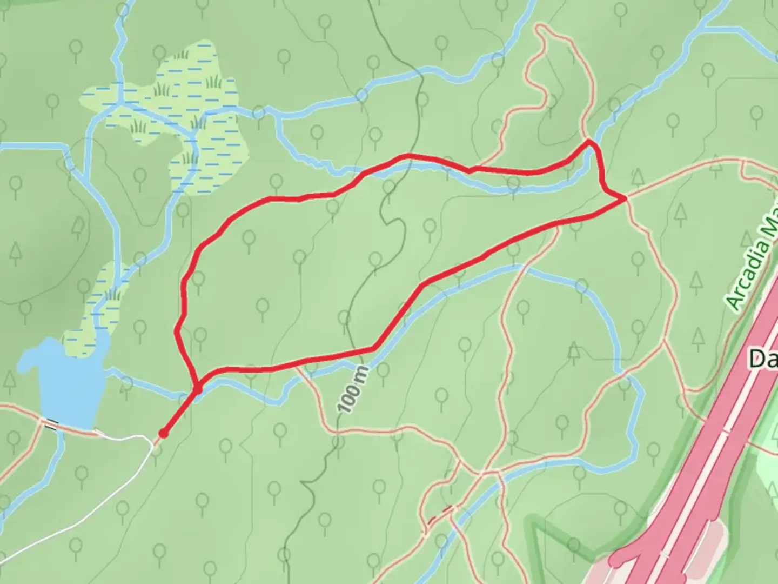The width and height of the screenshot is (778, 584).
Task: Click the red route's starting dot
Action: click(x=163, y=433)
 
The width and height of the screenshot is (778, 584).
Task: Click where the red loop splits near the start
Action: click(x=197, y=388)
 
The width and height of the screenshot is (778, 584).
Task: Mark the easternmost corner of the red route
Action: click(x=626, y=198)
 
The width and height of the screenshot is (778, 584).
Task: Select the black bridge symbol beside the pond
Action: click(x=51, y=425)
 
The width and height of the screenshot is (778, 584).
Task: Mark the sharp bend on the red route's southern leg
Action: click(x=373, y=348)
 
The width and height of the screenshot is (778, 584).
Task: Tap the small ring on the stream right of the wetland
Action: click(x=259, y=112)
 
